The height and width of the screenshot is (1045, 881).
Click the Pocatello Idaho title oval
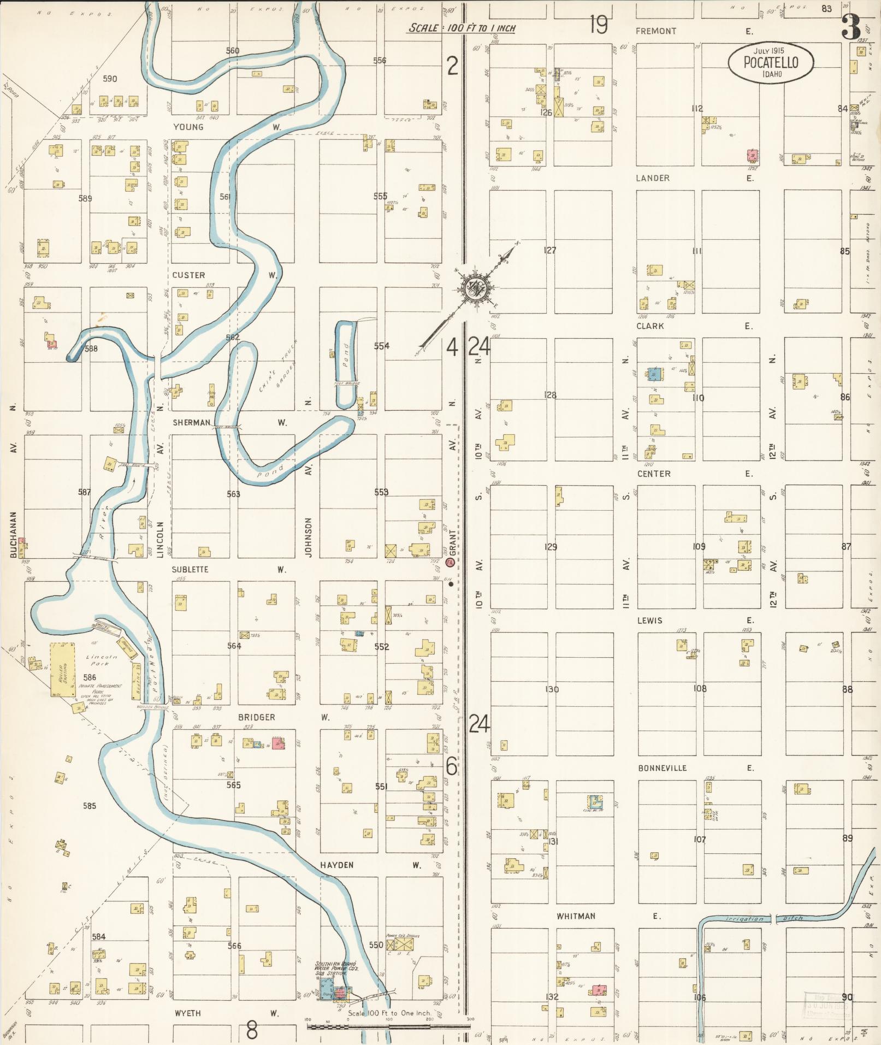click(x=771, y=63)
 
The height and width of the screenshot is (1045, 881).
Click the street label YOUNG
click(x=188, y=127)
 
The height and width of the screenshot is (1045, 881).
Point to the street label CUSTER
click(x=188, y=275)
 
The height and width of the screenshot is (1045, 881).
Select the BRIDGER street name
click(x=256, y=717)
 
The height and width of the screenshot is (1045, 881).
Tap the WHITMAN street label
click(x=576, y=916)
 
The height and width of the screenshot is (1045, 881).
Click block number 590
click(x=110, y=79)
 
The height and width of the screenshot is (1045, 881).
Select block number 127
click(x=550, y=250)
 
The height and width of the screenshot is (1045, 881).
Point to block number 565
click(x=234, y=785)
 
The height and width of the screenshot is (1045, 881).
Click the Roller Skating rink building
click(x=63, y=669)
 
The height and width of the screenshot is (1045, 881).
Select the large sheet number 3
click(x=851, y=27)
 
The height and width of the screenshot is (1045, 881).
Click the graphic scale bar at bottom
click(x=388, y=1027)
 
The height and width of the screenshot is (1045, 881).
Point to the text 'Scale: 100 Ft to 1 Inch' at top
click(x=462, y=28)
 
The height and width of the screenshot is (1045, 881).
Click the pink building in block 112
click(x=753, y=155)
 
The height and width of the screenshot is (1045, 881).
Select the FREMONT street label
click(x=655, y=32)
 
